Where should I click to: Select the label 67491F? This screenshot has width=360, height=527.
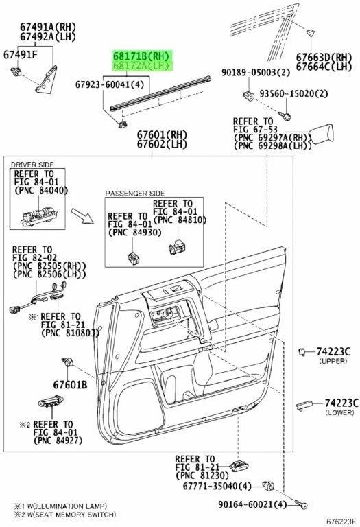(20, 54)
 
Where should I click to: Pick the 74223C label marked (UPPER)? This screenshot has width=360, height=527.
(337, 351)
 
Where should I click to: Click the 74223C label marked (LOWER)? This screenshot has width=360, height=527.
(337, 403)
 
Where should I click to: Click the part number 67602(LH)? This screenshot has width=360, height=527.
(161, 144)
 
